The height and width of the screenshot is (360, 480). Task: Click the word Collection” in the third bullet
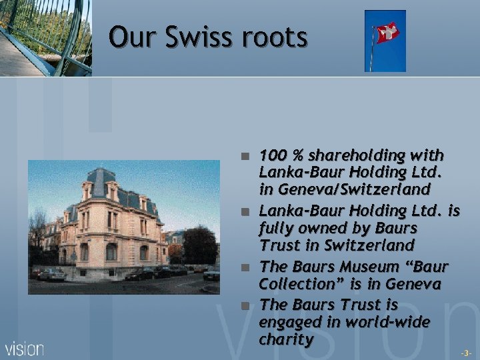pyautogui.click(x=296, y=284)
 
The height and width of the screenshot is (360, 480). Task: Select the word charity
pyautogui.click(x=287, y=339)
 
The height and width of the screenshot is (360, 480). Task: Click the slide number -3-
pyautogui.click(x=466, y=351)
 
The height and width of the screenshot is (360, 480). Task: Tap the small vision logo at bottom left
pyautogui.click(x=25, y=348)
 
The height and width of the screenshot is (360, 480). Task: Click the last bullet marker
pyautogui.click(x=245, y=305)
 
